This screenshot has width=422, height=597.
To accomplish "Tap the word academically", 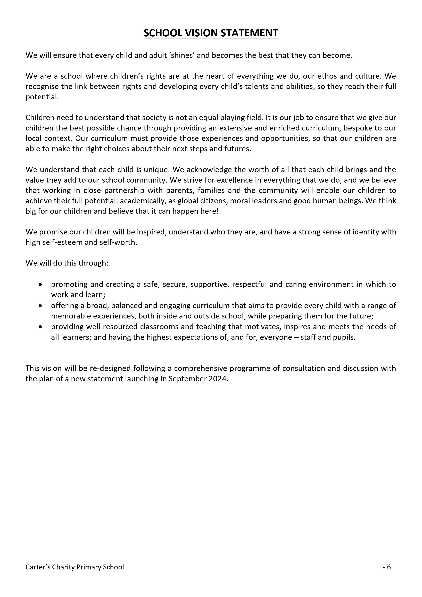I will [x=143, y=201].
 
